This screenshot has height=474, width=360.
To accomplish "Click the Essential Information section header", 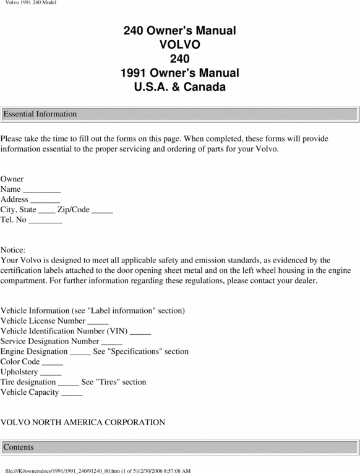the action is point(40,114).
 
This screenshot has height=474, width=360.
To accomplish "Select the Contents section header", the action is point(19,447).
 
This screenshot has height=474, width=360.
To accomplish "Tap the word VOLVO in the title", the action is point(179,45).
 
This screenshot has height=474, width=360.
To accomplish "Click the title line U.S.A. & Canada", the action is point(179,87).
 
